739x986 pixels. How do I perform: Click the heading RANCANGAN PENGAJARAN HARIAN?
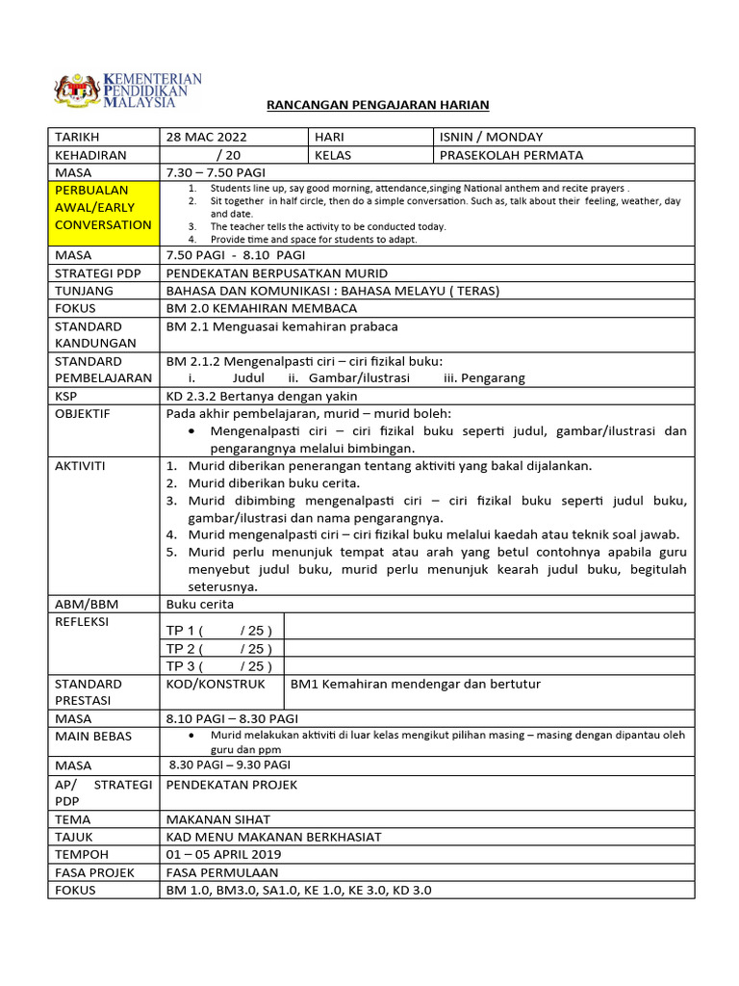point(377,104)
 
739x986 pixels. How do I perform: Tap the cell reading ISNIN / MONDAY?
point(491,137)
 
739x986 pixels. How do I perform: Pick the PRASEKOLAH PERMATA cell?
point(511,154)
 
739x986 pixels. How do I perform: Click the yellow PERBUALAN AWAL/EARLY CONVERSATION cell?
point(103,208)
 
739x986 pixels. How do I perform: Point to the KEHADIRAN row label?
point(91,154)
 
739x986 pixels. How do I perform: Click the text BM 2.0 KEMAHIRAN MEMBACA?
point(262,308)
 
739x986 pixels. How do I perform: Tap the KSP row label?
point(66,396)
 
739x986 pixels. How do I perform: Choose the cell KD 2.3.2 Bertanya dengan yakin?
point(262,396)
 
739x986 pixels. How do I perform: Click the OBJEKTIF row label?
point(83,413)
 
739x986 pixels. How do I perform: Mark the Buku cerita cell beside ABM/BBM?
point(200,604)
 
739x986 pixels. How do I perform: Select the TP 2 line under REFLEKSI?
point(219,648)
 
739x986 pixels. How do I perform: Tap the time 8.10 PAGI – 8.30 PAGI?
point(232,718)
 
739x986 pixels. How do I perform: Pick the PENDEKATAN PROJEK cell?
point(232,784)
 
